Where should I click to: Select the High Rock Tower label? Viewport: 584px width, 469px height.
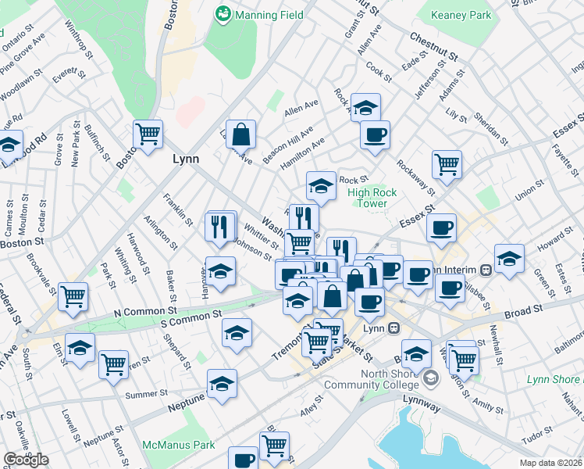tap(372, 198)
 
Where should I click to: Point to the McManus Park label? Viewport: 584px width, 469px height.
tap(178, 445)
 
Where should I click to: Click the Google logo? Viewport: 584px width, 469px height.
tap(26, 460)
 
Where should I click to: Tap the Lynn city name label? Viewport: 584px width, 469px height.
tap(185, 159)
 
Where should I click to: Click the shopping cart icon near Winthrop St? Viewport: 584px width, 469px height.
tap(147, 133)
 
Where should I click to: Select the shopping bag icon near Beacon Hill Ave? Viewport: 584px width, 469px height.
tap(241, 133)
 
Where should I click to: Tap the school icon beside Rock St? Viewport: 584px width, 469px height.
tap(320, 185)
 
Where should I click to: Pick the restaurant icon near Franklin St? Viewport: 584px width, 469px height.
tap(221, 226)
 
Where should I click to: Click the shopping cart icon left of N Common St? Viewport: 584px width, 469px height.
tap(73, 295)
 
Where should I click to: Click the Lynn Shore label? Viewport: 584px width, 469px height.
tap(554, 379)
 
